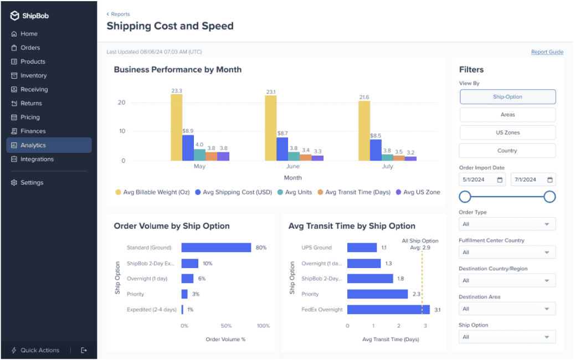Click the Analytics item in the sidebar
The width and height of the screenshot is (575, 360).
[33, 145]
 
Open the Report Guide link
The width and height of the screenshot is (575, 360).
[547, 52]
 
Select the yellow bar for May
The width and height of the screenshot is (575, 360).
[176, 127]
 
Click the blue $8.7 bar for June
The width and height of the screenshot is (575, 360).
[282, 149]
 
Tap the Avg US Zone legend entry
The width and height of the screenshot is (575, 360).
[418, 192]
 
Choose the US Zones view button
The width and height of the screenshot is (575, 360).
[507, 133]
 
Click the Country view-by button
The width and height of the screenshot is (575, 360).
[507, 151]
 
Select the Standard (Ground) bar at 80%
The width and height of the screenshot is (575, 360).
[216, 248]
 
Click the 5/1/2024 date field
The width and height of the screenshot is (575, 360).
[482, 179]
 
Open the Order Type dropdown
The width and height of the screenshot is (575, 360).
[507, 224]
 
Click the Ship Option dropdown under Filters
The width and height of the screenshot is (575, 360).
[507, 337]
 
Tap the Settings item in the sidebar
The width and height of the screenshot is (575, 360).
[32, 183]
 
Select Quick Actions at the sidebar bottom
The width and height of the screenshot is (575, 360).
[39, 350]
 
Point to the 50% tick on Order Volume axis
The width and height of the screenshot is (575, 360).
[226, 326]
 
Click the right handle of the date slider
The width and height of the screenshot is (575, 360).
[550, 197]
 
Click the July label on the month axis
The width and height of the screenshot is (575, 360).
[387, 166]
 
